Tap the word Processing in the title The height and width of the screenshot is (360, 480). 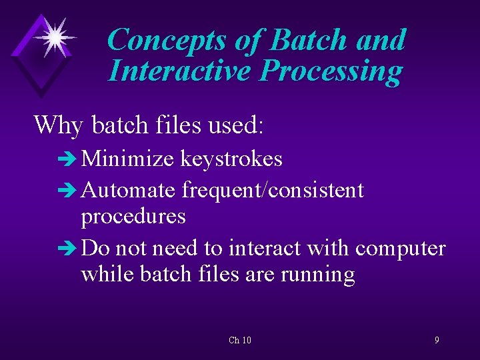[331, 71]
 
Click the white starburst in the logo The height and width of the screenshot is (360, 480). [53, 36]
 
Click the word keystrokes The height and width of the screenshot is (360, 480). [231, 159]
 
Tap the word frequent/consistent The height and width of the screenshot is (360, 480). [273, 191]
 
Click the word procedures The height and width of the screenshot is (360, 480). [133, 217]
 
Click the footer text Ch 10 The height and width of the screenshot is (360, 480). [240, 341]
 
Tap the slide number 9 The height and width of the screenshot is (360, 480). [437, 340]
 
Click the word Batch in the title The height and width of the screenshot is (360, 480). [309, 41]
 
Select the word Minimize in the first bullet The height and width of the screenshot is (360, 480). [129, 159]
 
